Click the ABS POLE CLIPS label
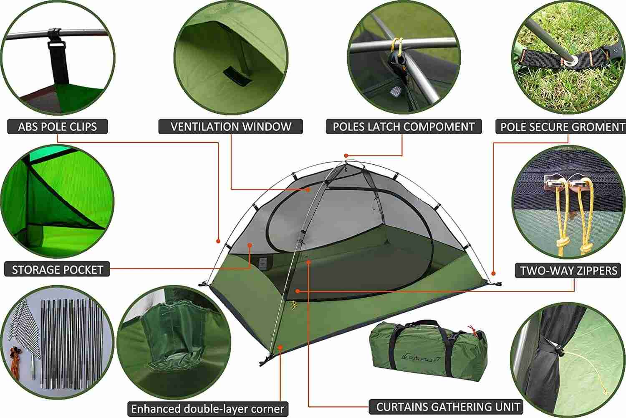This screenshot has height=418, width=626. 57,127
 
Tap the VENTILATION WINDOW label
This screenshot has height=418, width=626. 231,127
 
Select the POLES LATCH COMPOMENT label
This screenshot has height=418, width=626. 404,127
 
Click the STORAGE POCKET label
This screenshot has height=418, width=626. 57,270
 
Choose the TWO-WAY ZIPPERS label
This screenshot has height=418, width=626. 568,270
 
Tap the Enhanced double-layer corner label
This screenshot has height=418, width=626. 207,408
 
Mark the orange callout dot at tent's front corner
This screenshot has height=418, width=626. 280,347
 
